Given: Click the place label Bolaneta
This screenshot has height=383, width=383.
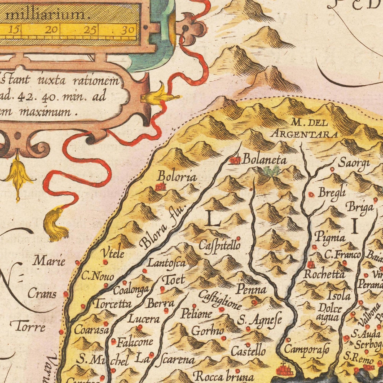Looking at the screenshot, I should coord(265,160).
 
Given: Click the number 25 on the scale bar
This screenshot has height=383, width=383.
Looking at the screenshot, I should coord(90,30).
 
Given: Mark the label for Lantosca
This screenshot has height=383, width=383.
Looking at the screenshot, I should coord(166,263).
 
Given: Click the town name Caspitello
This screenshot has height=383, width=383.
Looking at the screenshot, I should coord(220,245).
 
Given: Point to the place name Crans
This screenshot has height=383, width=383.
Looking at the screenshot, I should coord(42,294).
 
